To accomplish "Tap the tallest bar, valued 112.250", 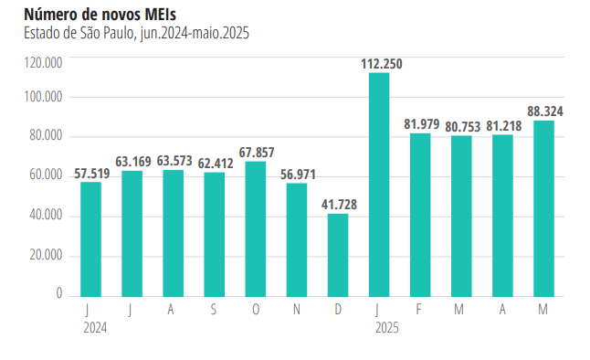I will (378, 184).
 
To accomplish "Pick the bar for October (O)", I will (255, 228).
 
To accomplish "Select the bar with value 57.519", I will (90, 238).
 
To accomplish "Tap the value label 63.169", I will (132, 162).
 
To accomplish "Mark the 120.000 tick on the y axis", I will (44, 63).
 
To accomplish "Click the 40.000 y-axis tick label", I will (44, 216).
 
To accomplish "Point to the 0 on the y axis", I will (58, 293).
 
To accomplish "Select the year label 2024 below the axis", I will (94, 326).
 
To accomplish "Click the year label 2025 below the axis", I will (387, 326).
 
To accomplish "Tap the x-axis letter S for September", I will (214, 310).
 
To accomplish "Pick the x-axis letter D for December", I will (338, 310).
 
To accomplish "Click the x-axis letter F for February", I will (419, 310).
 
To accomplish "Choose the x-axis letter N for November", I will (297, 310).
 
